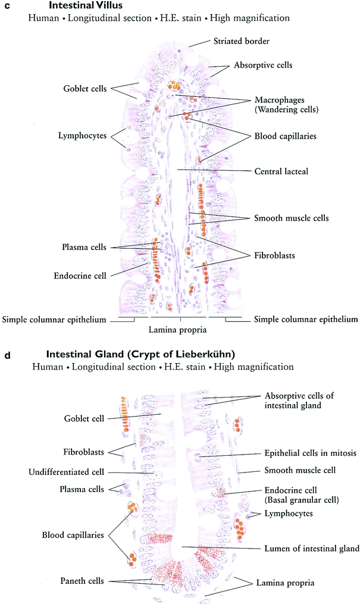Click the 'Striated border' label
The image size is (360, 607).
pos(241,42)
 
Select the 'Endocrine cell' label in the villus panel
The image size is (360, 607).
pos(80,275)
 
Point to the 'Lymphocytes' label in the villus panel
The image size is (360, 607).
pos(82,136)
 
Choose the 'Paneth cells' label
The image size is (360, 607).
pos(80,580)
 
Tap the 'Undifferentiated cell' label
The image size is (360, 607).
pos(66,472)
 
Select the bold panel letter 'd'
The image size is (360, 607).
pos(7,356)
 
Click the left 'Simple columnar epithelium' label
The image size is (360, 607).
pos(54,320)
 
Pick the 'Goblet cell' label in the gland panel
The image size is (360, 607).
pos(83,419)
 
